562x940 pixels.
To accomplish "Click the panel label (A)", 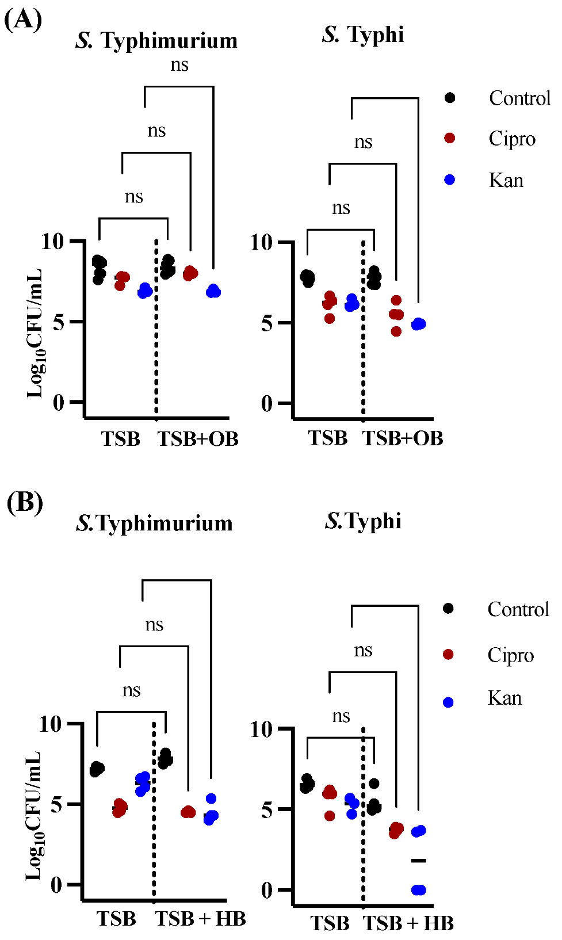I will tap(23, 20).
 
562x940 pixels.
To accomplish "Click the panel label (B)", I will tap(25, 502).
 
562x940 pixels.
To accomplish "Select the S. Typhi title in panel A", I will tap(363, 35).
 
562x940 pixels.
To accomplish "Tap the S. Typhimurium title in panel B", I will tap(154, 523).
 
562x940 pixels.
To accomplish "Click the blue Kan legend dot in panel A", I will tap(450, 180).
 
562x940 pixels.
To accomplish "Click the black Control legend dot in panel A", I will tap(450, 98).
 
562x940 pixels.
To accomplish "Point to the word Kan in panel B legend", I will tap(504, 698).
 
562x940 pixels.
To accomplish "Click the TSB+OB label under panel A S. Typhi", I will tap(403, 438).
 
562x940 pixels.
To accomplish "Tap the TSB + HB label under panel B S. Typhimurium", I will tap(200, 919).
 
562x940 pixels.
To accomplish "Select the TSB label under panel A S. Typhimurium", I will tap(121, 439).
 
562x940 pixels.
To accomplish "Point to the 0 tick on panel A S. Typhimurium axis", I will tap(59, 403).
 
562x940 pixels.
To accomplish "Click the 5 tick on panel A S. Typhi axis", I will tap(266, 323).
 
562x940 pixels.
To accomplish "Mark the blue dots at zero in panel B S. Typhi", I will tap(419, 890).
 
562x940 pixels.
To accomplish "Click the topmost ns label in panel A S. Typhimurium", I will tap(179, 65).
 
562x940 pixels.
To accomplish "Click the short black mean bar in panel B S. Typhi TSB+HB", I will tap(419, 861).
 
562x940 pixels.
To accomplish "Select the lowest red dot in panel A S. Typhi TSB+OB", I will tap(396, 331).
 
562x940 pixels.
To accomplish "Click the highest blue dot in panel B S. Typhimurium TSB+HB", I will tap(211, 798).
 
